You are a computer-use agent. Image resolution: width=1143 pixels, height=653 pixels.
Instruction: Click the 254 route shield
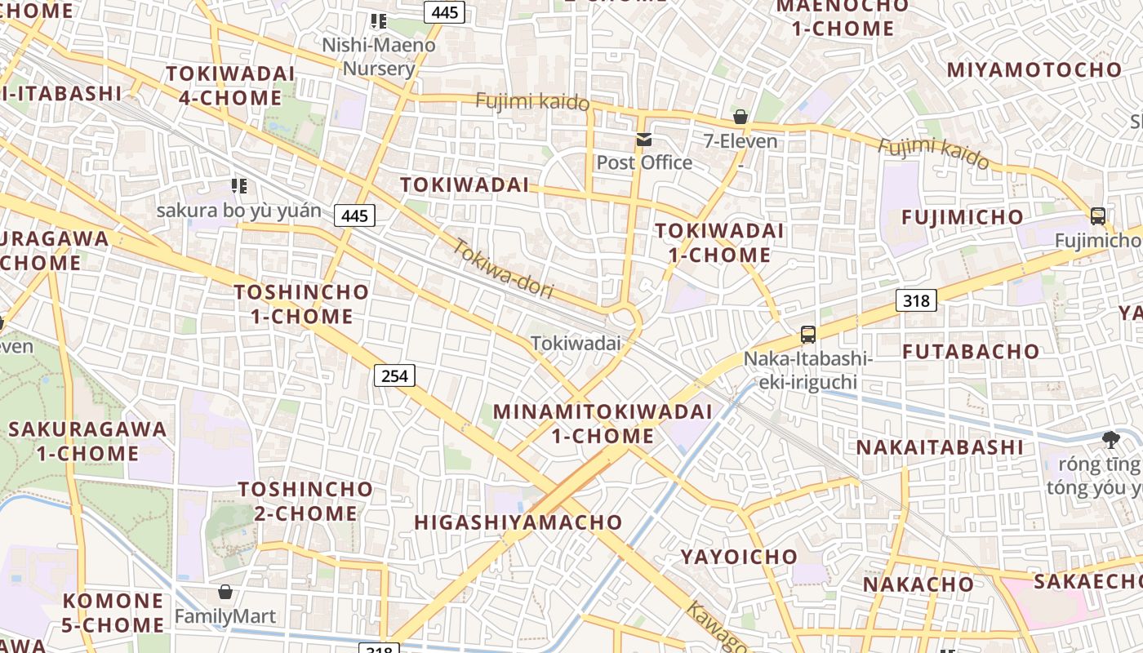click(x=395, y=375)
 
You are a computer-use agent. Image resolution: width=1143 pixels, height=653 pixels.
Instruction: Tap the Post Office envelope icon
click(x=645, y=140)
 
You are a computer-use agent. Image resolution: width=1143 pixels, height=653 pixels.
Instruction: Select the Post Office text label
click(x=644, y=162)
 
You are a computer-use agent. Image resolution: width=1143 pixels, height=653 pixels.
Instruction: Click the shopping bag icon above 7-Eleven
click(x=741, y=117)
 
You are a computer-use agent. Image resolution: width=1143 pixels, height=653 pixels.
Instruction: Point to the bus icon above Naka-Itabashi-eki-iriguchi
click(x=808, y=334)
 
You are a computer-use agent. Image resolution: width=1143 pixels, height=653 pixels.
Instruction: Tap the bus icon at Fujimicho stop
click(x=1098, y=216)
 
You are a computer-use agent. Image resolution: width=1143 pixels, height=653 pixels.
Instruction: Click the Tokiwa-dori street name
click(x=503, y=268)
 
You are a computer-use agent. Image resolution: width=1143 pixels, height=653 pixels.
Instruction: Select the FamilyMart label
click(x=225, y=615)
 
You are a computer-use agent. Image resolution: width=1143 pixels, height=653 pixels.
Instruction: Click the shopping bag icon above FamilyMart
click(x=225, y=591)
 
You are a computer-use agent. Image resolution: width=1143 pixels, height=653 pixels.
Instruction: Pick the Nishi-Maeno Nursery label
click(x=379, y=56)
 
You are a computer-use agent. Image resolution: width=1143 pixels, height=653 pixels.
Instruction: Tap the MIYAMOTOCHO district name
click(x=1034, y=69)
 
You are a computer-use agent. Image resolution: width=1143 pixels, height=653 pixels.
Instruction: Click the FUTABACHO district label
click(x=971, y=352)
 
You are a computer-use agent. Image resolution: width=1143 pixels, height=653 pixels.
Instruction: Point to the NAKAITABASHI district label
click(x=939, y=447)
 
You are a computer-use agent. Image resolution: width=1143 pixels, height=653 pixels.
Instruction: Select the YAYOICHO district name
click(x=739, y=557)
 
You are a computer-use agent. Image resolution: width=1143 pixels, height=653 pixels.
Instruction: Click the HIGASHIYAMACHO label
click(x=518, y=522)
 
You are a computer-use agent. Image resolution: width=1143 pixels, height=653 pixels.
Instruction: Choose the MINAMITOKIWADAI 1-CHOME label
click(x=603, y=424)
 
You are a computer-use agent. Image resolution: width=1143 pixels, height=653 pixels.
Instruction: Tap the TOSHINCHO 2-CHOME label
click(x=305, y=501)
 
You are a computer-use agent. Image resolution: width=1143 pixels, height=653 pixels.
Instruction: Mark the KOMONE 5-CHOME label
click(x=113, y=613)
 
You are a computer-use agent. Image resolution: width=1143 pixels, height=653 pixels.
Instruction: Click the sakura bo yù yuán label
click(x=239, y=211)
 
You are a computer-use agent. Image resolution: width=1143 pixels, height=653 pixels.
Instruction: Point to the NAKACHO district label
click(x=918, y=584)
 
